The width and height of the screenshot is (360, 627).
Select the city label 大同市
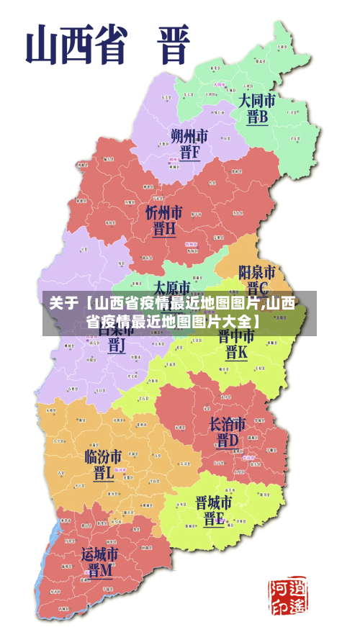(x=257, y=100)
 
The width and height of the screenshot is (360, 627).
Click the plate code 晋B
(x=257, y=117)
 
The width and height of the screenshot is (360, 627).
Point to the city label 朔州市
(x=189, y=135)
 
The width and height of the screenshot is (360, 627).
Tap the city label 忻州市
(x=164, y=212)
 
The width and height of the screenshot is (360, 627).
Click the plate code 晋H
(x=164, y=229)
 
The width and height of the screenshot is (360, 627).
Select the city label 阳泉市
(x=257, y=273)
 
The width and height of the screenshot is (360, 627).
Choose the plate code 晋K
(x=236, y=353)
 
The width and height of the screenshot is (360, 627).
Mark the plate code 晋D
(x=228, y=440)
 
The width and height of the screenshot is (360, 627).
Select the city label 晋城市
(x=214, y=502)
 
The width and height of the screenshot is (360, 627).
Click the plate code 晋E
(x=214, y=519)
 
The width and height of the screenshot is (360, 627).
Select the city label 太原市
(x=172, y=287)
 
